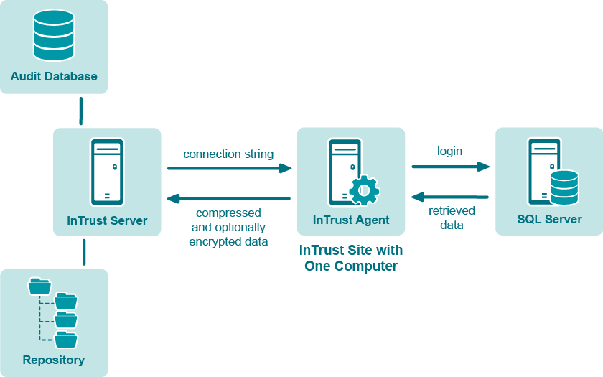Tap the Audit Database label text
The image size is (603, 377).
pos(54,76)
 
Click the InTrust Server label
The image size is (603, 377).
pos(107,220)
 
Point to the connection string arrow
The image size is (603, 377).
pos(229,169)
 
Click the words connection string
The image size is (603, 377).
pos(228,154)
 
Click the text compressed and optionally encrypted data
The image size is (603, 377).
pos(228,228)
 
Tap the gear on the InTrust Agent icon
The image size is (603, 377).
pos(364,190)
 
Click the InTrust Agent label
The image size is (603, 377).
pos(351,220)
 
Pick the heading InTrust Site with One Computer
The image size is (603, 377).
pos(351,258)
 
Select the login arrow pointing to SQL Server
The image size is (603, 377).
pos(450,167)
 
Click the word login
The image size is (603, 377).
pos(450,152)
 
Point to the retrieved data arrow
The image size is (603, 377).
pos(450,197)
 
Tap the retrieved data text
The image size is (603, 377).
pos(452,218)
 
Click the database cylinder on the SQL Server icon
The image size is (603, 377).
pos(564,187)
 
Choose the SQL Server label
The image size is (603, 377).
pos(549,219)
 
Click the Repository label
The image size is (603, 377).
pos(54,360)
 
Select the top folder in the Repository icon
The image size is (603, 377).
pos(39,287)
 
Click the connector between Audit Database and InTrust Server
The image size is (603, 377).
pos(81,111)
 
